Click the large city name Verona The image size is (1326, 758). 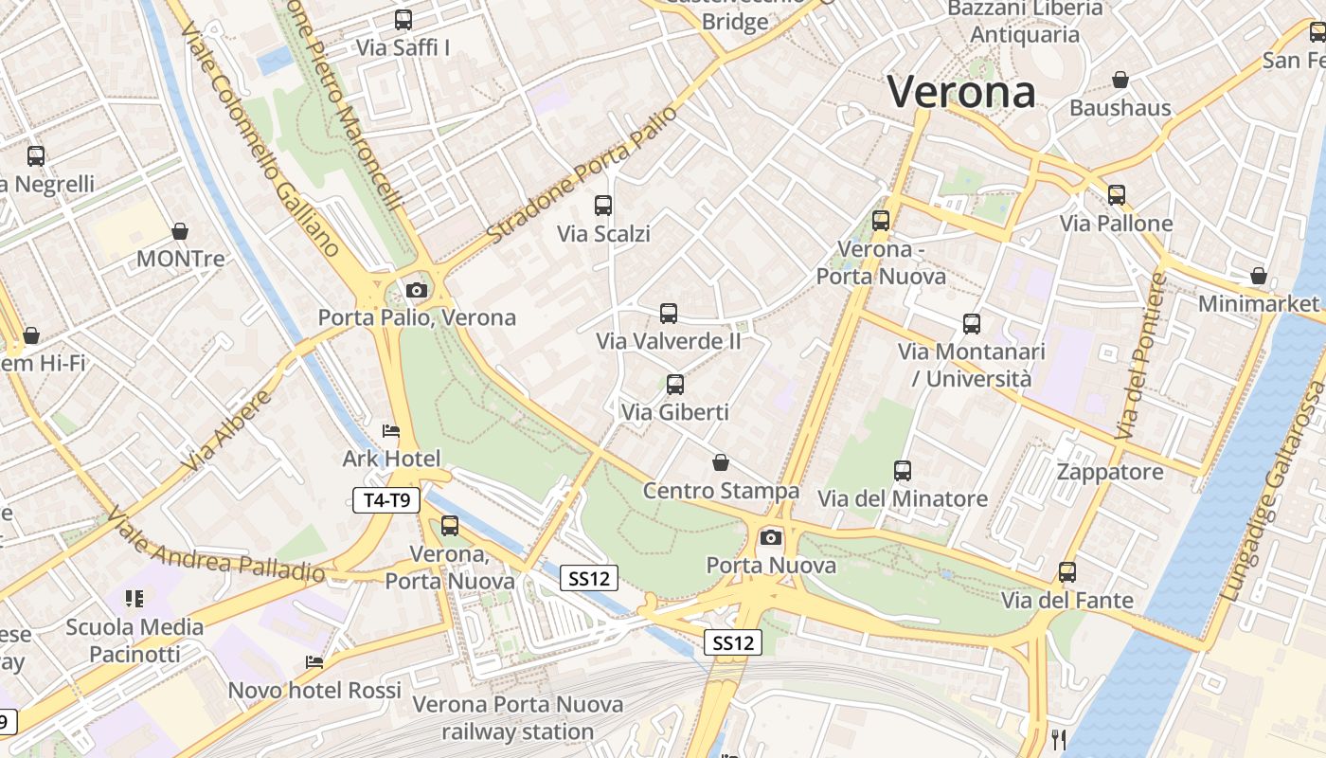pos(960,92)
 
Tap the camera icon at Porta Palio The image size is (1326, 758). pos(416,290)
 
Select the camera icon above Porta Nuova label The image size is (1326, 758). pos(771,538)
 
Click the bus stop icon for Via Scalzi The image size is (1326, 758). pos(602,205)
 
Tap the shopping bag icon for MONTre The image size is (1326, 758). pos(180,231)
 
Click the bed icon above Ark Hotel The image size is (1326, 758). pos(390,431)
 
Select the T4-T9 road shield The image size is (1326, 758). pos(386,500)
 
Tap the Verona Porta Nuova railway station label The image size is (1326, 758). pos(517,718)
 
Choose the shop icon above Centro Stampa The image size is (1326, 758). pos(721,462)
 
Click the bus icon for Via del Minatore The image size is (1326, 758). pos(902,470)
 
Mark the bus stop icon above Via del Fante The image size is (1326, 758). pos(1067,572)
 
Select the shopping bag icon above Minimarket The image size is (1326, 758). pos(1258,276)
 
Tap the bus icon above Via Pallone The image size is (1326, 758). pos(1117,195)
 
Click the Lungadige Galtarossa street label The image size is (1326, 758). pos(1275,493)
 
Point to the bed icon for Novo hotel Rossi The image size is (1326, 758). pos(314,662)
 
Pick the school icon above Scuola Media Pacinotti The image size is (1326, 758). pos(134,598)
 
